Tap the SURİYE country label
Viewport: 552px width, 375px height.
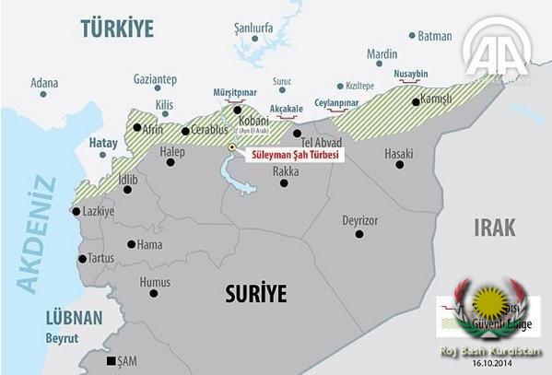256,294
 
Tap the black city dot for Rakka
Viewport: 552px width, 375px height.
284,182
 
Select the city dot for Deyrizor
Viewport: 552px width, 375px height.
360,234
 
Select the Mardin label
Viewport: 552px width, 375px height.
382,54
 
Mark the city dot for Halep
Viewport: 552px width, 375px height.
170,163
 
